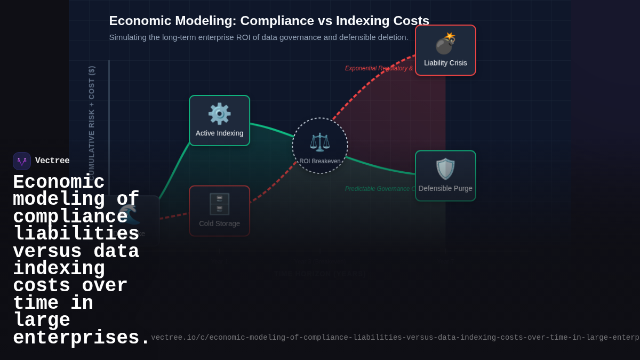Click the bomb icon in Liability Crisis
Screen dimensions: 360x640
[445, 44]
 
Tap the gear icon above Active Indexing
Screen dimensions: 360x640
[219, 114]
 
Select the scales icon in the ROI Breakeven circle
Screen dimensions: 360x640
[319, 142]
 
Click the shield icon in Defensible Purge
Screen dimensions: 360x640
[445, 169]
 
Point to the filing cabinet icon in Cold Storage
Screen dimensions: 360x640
[219, 204]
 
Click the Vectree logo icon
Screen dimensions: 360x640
[22, 161]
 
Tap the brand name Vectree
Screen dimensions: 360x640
[52, 161]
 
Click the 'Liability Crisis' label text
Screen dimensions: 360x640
[445, 63]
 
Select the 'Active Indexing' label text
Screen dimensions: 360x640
[219, 133]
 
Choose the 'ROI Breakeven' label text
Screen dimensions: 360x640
[319, 161]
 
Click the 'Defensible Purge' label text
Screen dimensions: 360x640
[445, 188]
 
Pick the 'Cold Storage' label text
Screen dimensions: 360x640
[219, 223]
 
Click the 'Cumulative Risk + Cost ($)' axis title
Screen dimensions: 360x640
[92, 123]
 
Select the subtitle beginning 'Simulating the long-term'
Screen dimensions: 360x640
[259, 37]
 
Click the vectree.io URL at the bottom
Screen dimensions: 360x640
[395, 338]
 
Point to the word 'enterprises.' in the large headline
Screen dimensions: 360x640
[82, 338]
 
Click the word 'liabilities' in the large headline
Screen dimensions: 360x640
[76, 234]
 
